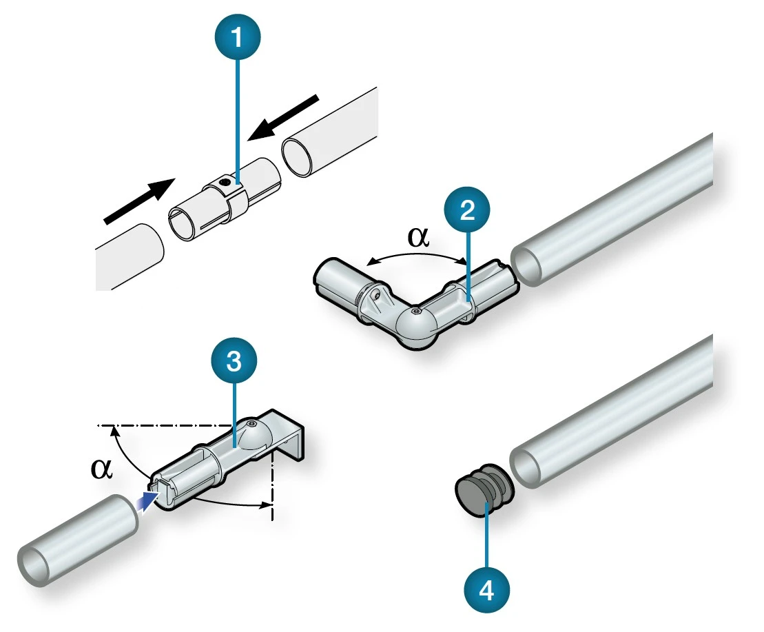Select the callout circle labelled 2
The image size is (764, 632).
tap(467, 211)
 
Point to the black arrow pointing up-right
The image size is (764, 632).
tap(138, 201)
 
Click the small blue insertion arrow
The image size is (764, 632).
tap(147, 500)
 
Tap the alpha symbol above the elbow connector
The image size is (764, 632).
tap(417, 237)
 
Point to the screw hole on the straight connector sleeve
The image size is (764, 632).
tap(222, 183)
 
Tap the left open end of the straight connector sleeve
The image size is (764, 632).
tap(182, 224)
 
